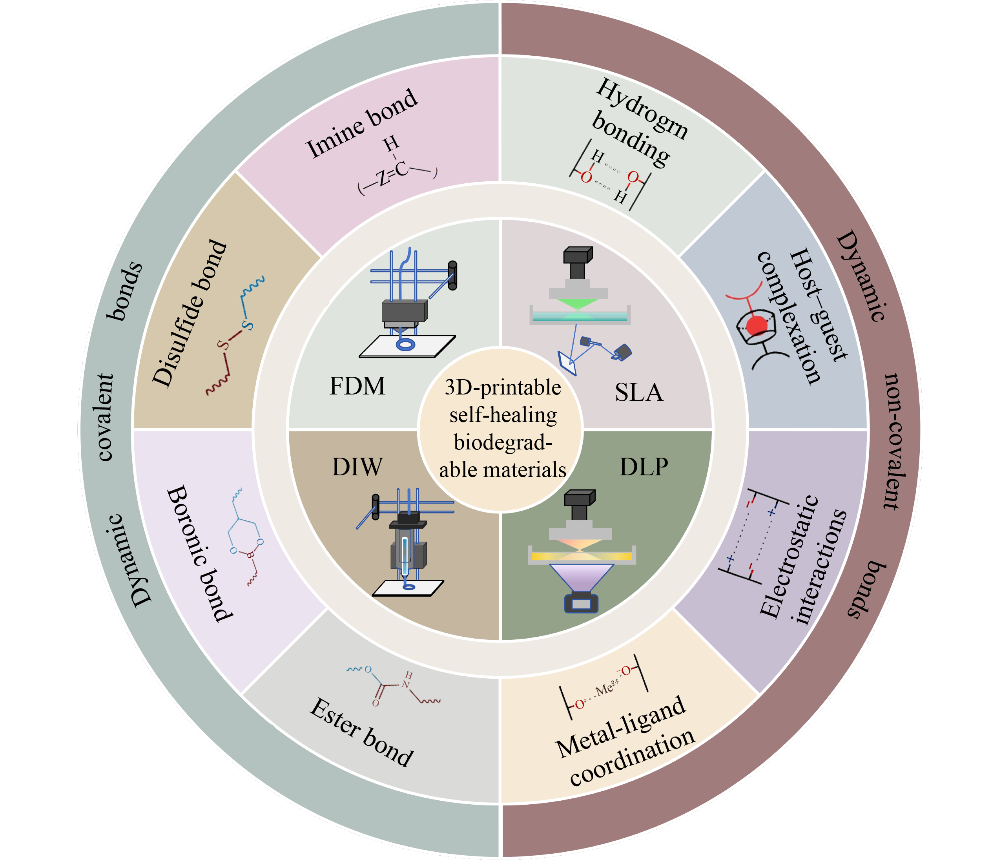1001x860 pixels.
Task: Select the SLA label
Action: pyautogui.click(x=639, y=392)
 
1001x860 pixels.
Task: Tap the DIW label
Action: pyautogui.click(x=357, y=467)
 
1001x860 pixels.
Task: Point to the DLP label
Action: pyautogui.click(x=644, y=467)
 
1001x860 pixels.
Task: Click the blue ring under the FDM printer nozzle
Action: pyautogui.click(x=405, y=345)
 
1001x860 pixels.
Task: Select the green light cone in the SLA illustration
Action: pyautogui.click(x=578, y=303)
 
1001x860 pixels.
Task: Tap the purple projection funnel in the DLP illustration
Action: pyautogui.click(x=581, y=577)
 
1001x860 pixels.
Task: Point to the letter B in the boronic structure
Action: pyautogui.click(x=249, y=556)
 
